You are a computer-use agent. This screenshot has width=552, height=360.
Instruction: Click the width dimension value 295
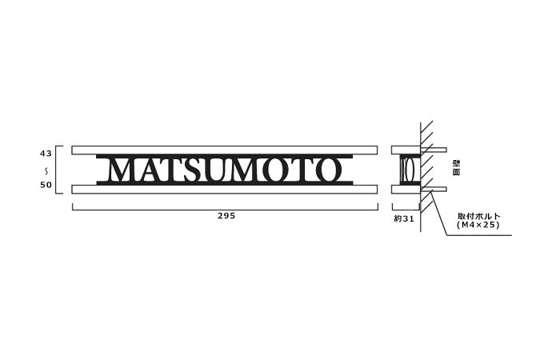click(x=226, y=216)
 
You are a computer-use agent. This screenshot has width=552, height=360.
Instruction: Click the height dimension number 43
click(x=46, y=152)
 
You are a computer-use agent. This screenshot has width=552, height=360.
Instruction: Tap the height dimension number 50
click(x=46, y=186)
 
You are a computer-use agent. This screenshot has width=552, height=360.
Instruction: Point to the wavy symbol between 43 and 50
click(x=46, y=169)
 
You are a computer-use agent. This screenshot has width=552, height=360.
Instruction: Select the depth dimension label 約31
click(x=403, y=217)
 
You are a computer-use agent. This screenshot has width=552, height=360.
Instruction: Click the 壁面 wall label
click(x=455, y=168)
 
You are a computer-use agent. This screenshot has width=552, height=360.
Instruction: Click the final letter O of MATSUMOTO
click(x=328, y=170)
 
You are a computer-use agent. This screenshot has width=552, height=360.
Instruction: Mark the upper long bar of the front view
click(x=224, y=150)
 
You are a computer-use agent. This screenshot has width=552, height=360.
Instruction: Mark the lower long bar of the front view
click(x=224, y=190)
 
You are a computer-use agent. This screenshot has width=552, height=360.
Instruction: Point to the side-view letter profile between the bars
click(x=407, y=170)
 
